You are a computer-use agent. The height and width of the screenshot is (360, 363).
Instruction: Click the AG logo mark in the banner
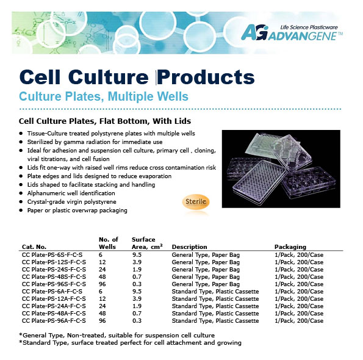point(254,32)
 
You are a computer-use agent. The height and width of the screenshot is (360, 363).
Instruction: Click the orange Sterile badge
point(196,201)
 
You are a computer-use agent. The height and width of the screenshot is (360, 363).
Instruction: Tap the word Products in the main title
point(206,77)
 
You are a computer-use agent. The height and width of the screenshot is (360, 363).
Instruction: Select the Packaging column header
point(290,247)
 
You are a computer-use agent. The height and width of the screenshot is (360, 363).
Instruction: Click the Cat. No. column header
point(34,247)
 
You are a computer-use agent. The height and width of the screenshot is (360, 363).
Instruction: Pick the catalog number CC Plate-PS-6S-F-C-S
point(52,255)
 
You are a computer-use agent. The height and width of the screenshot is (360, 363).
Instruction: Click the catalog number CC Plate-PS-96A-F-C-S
point(54,320)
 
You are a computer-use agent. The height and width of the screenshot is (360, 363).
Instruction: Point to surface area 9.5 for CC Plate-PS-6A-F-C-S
point(137,292)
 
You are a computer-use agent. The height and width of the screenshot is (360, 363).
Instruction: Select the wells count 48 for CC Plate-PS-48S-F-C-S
point(102,277)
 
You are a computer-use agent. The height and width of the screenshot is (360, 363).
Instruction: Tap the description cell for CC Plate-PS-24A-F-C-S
point(215,306)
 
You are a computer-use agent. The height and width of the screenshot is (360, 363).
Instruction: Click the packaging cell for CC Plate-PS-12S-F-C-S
point(299,262)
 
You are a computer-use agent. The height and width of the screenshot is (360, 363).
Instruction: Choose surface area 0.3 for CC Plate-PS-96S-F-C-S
point(137,284)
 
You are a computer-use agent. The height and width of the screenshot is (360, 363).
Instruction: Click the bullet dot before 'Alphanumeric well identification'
point(21,193)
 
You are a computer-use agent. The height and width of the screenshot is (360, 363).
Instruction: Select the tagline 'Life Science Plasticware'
point(309,27)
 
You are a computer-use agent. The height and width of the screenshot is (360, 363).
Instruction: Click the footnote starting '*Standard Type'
point(130,343)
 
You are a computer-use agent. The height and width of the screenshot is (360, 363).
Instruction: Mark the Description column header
point(189,247)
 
